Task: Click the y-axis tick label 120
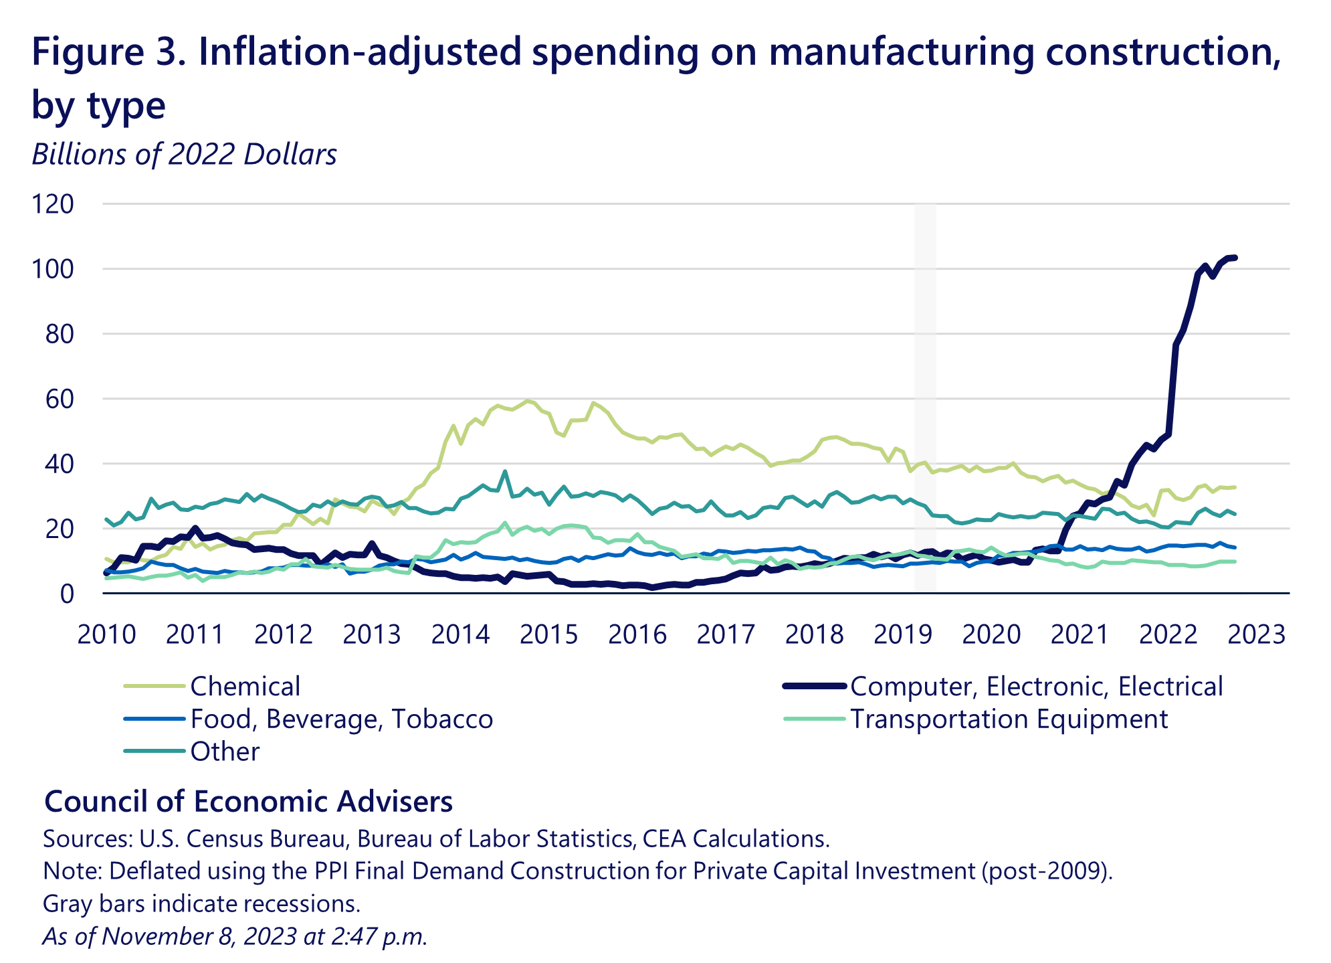click(53, 204)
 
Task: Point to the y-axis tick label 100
click(53, 269)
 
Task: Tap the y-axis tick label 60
click(60, 400)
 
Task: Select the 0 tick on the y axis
click(66, 594)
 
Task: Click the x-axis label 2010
click(106, 634)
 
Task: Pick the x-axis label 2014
click(460, 634)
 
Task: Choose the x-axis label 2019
click(902, 634)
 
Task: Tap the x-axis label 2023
click(1256, 634)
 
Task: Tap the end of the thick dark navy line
click(1235, 258)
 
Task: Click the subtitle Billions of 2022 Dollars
click(184, 155)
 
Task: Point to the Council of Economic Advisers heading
click(248, 801)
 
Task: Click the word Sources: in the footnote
click(87, 839)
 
